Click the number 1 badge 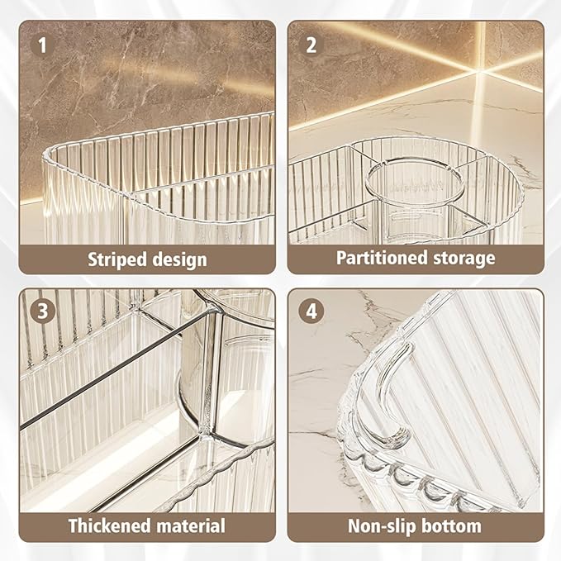click(42, 45)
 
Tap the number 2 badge click(311, 45)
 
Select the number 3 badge click(42, 311)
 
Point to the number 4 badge click(311, 311)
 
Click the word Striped click(117, 259)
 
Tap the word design click(179, 259)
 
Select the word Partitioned click(382, 259)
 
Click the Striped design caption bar click(147, 259)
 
